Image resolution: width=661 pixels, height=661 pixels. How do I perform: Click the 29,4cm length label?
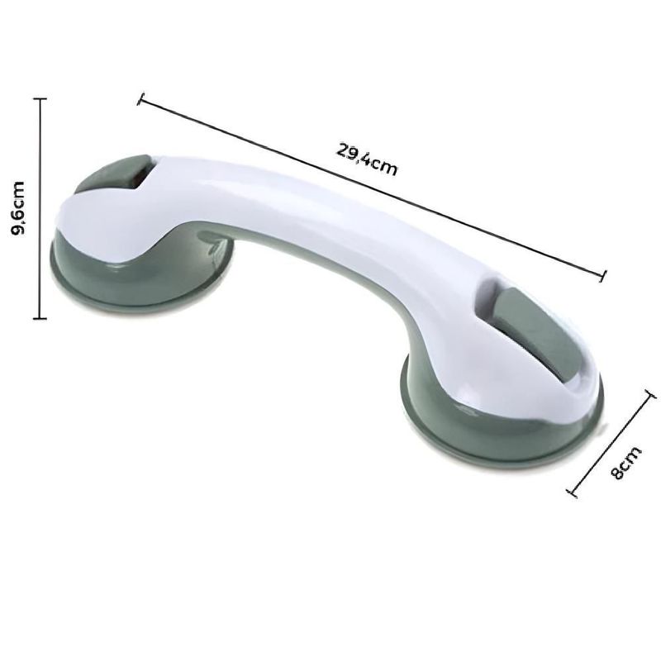(x=367, y=160)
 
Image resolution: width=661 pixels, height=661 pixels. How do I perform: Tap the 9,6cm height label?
(x=23, y=210)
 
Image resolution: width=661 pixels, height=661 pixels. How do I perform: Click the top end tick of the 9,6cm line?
(x=39, y=97)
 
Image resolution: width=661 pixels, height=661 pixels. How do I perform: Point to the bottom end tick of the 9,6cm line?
(x=39, y=318)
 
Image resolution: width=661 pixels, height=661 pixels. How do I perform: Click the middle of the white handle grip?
(x=314, y=223)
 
